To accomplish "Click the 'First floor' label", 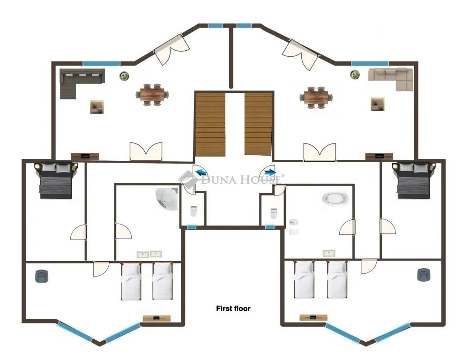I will pyautogui.click(x=233, y=308).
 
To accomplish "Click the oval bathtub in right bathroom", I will pyautogui.click(x=335, y=198).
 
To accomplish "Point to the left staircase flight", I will pyautogui.click(x=210, y=124).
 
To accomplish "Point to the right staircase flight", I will pyautogui.click(x=258, y=124).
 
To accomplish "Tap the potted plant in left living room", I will pyautogui.click(x=125, y=75).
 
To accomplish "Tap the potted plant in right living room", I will pyautogui.click(x=355, y=74).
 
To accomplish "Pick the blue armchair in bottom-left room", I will pyautogui.click(x=42, y=276).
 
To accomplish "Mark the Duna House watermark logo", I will pyautogui.click(x=231, y=179).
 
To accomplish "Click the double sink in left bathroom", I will pyautogui.click(x=149, y=254).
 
